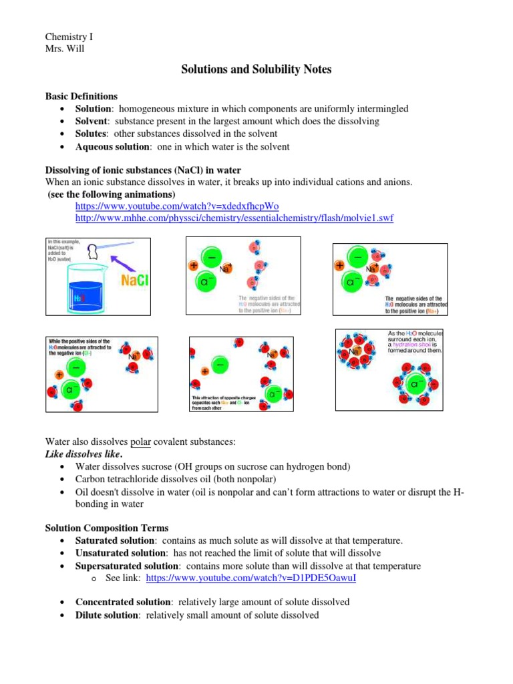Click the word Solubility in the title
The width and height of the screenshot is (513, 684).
coord(271,69)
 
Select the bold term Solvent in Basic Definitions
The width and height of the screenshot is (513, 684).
coord(92,121)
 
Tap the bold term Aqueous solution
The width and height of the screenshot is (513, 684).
coord(111,146)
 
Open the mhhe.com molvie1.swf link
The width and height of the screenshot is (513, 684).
coord(234,218)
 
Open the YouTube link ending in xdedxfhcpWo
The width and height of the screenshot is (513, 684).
coord(177,206)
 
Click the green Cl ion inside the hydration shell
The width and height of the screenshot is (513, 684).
coord(415,385)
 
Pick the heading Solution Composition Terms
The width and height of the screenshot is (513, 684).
coord(106,528)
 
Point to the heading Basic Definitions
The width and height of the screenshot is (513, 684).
coord(81,96)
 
